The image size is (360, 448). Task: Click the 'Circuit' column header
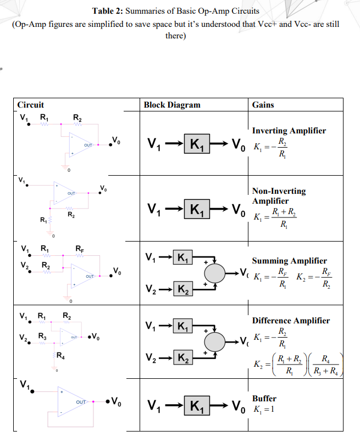(31, 105)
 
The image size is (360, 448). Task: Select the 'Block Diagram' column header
(171, 105)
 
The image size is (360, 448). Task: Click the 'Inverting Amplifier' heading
(289, 131)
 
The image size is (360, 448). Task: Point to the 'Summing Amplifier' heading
(289, 261)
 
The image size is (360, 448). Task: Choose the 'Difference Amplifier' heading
(291, 320)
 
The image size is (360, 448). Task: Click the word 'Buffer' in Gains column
(264, 398)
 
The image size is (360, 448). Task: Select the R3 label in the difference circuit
(42, 335)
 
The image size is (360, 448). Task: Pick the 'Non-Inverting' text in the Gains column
(279, 191)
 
